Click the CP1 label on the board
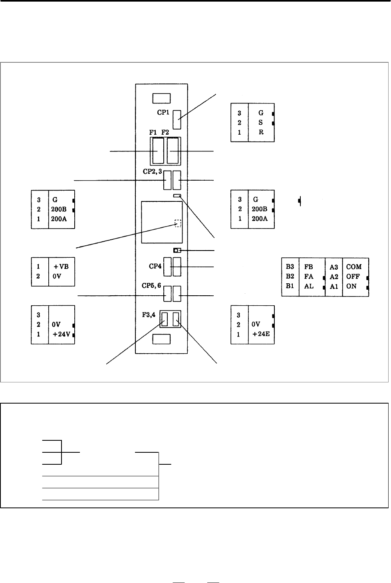[x=163, y=112]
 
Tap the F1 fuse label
[x=153, y=132]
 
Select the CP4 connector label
[x=155, y=266]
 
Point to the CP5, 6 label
[x=151, y=286]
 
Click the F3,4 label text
[x=149, y=315]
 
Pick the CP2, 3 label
[x=152, y=171]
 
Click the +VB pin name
[x=61, y=267]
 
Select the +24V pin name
[x=62, y=334]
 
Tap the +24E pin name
[x=261, y=334]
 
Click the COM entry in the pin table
[x=354, y=267]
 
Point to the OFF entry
[x=353, y=277]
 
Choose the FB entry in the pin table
[x=309, y=267]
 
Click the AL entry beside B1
[x=309, y=286]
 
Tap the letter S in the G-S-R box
[x=261, y=122]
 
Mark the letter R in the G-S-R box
[x=261, y=132]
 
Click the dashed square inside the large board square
[x=178, y=223]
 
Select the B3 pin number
[x=290, y=267]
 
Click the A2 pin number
[x=334, y=277]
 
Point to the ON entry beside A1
[x=351, y=286]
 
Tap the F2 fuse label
[x=165, y=132]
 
